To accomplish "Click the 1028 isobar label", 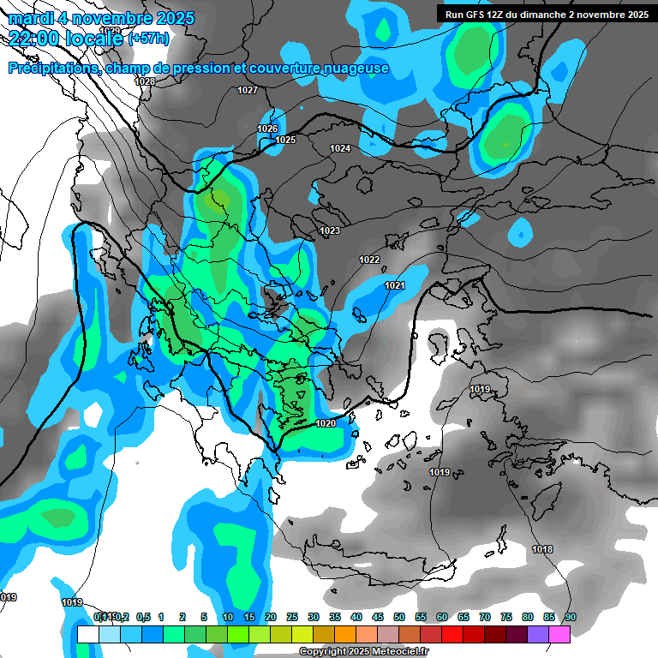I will [145, 81].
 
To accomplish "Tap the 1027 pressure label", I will [248, 90].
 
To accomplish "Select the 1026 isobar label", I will [267, 129].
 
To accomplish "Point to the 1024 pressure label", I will [340, 148].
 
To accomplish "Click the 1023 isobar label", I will [330, 230].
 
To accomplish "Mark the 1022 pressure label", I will [369, 260].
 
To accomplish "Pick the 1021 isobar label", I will [394, 285].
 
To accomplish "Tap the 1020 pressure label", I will [326, 423].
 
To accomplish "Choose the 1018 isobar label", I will [541, 549].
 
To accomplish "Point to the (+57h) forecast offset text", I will [148, 38].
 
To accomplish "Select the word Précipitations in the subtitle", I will [52, 68].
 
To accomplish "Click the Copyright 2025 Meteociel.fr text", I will [363, 652].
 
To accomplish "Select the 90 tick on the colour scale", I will [571, 617].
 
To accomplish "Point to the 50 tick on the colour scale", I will [399, 617].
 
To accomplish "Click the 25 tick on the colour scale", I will [292, 617].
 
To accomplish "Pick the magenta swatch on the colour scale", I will [559, 634].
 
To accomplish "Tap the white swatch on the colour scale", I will [87, 634].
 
